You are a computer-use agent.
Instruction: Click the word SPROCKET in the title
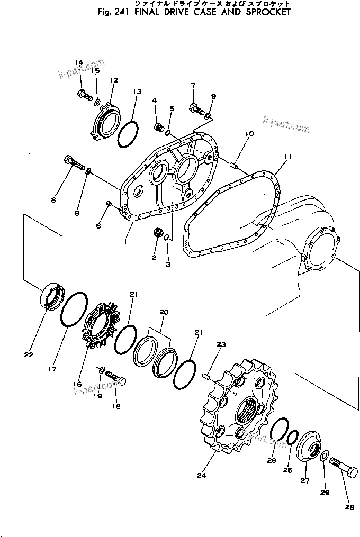click(x=265, y=12)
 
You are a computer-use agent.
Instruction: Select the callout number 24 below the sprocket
click(x=201, y=476)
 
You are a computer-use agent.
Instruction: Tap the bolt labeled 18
click(x=115, y=378)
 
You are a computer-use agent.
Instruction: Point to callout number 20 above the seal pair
click(x=163, y=313)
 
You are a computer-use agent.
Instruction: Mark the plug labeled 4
click(x=157, y=127)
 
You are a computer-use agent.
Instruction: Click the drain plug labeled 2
click(x=157, y=233)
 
